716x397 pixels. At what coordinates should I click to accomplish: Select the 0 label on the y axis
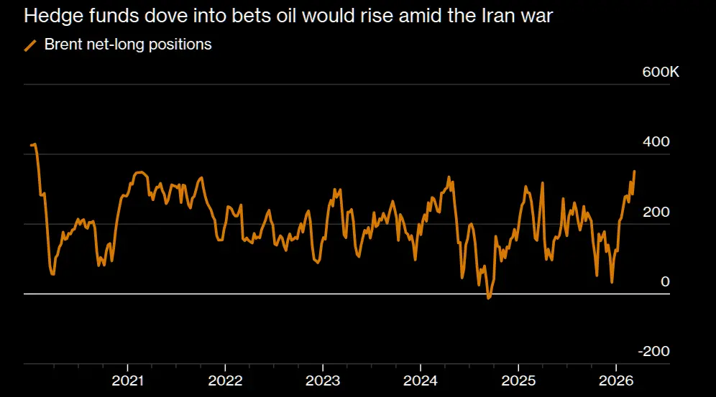(x=665, y=282)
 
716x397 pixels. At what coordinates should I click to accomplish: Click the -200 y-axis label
(x=654, y=352)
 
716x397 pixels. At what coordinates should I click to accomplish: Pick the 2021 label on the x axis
(x=128, y=380)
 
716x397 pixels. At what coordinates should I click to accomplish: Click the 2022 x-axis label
(x=226, y=380)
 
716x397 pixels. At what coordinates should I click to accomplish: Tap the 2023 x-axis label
(x=323, y=380)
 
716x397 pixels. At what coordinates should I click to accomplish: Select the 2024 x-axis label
(x=421, y=380)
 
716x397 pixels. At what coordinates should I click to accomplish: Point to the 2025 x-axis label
(x=518, y=380)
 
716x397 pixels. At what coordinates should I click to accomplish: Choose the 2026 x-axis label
(x=616, y=380)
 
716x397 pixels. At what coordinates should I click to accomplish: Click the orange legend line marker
(x=30, y=45)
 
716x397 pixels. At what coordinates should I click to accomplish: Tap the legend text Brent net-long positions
(x=128, y=45)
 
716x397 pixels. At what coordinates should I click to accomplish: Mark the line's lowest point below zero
(x=489, y=297)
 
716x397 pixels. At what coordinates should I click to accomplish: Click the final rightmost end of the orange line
(x=634, y=171)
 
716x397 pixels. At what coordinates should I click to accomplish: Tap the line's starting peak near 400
(x=35, y=144)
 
